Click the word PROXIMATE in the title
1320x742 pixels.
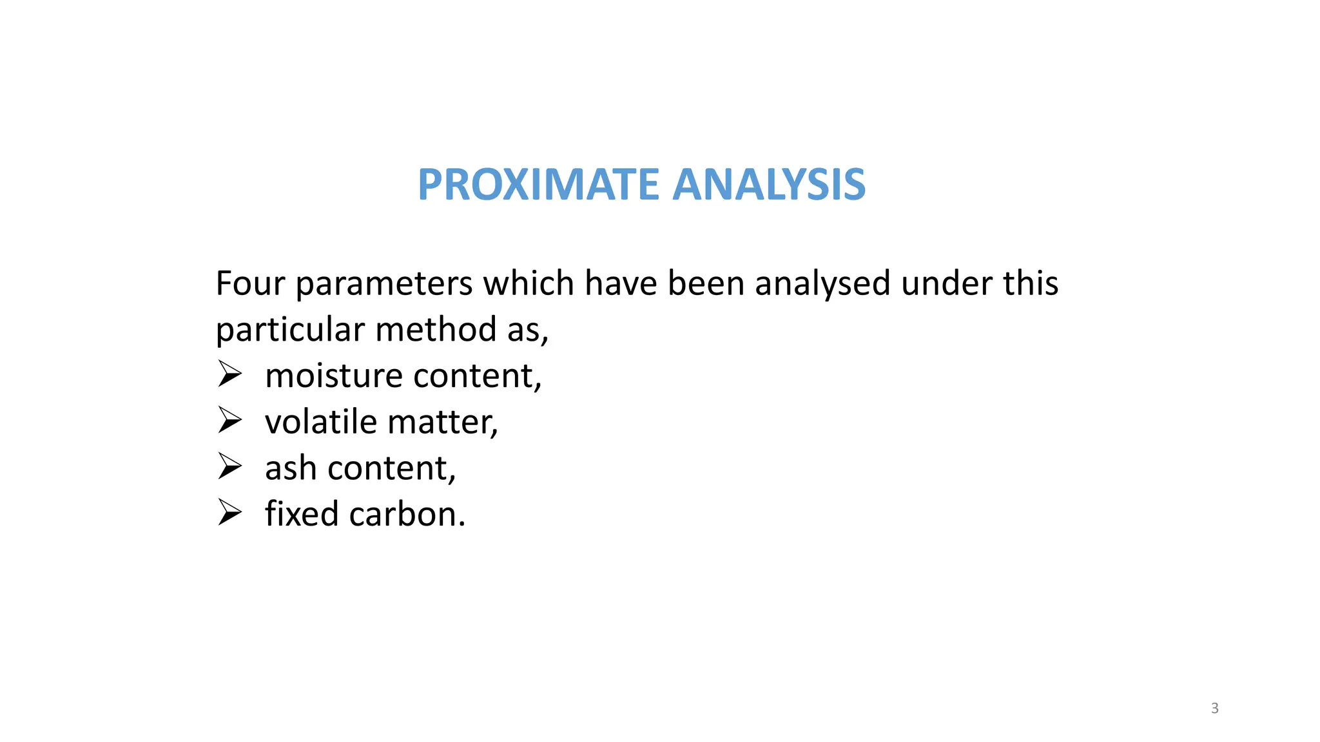538,185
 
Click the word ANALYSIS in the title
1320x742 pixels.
769,185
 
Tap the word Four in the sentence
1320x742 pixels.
250,283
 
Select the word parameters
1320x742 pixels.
384,285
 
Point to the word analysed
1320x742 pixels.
822,284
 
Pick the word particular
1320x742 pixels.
290,330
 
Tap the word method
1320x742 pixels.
436,329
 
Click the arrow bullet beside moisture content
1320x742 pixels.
229,374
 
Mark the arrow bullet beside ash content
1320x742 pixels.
229,466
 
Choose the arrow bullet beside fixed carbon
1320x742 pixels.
229,513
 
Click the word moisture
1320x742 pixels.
333,376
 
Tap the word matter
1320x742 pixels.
443,423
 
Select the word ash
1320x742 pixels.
291,468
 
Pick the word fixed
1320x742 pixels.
302,514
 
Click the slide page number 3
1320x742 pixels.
1215,709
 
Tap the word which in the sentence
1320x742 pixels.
529,283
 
